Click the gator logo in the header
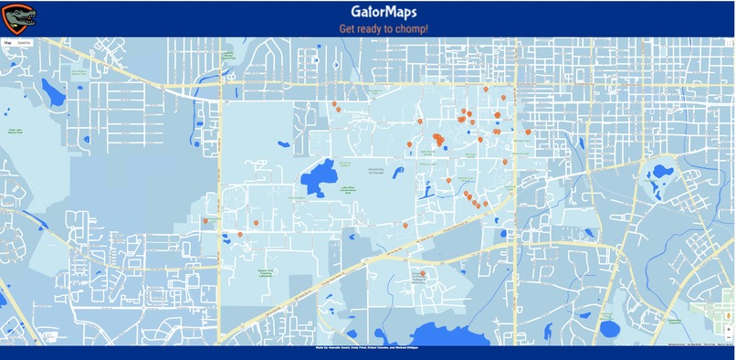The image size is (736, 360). click(x=19, y=16)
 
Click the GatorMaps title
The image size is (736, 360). click(x=384, y=12)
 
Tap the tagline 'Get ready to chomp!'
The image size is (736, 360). click(x=384, y=29)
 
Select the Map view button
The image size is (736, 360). click(x=8, y=42)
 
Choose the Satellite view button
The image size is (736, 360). click(x=25, y=42)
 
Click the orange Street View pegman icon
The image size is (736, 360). click(x=728, y=316)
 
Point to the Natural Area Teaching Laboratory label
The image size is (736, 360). click(x=267, y=271)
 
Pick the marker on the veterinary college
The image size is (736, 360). click(x=423, y=272)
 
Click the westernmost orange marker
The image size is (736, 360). click(x=206, y=220)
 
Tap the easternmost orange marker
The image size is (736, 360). click(x=528, y=132)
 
